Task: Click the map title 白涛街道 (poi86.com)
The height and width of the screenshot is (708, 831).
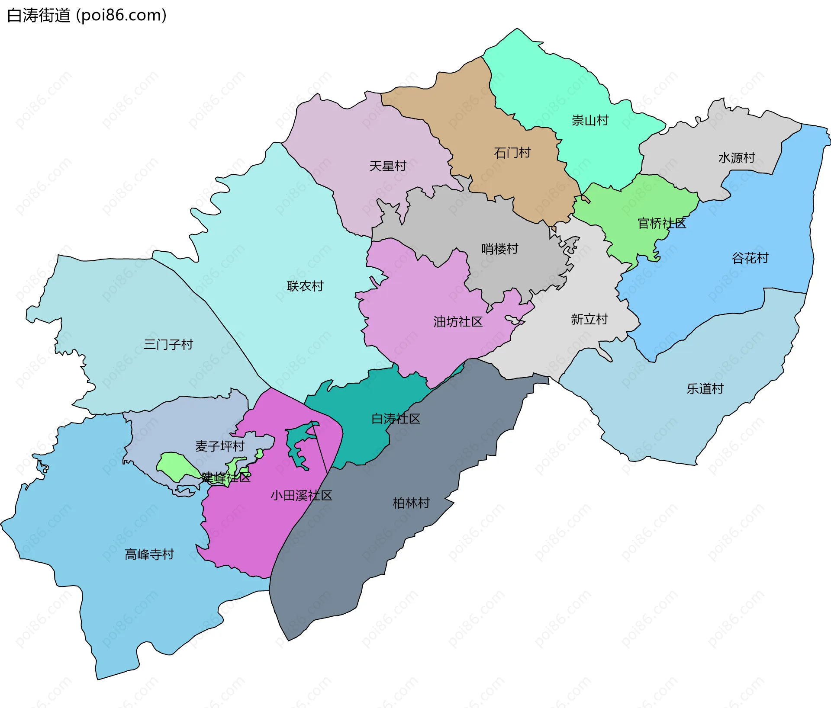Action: pos(87,16)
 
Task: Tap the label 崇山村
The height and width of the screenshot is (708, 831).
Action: pos(590,120)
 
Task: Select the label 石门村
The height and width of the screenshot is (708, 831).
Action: pos(512,153)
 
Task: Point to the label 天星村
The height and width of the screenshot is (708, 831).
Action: pos(387,166)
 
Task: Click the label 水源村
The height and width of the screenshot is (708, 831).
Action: pos(737,158)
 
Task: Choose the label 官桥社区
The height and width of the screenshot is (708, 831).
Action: pos(662,224)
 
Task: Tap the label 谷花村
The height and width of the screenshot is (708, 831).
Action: pos(750,258)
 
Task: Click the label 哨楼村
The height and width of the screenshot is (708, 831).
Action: pos(500,249)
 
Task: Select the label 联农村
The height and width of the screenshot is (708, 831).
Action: pos(305,286)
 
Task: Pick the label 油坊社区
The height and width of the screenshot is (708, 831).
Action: pos(458,322)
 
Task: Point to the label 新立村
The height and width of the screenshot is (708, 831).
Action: pos(589,319)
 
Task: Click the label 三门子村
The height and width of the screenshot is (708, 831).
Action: pos(168,345)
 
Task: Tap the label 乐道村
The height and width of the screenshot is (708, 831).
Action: pos(705,389)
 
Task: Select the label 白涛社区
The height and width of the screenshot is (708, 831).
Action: pos(396,419)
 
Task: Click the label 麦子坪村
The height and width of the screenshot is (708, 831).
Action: pos(220,446)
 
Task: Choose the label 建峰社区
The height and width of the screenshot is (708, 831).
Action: pos(225,477)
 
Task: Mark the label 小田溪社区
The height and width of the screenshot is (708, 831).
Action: pos(301,496)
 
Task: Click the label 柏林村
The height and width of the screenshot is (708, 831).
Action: pos(411,503)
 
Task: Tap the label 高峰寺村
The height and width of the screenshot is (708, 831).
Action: pos(149,554)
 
